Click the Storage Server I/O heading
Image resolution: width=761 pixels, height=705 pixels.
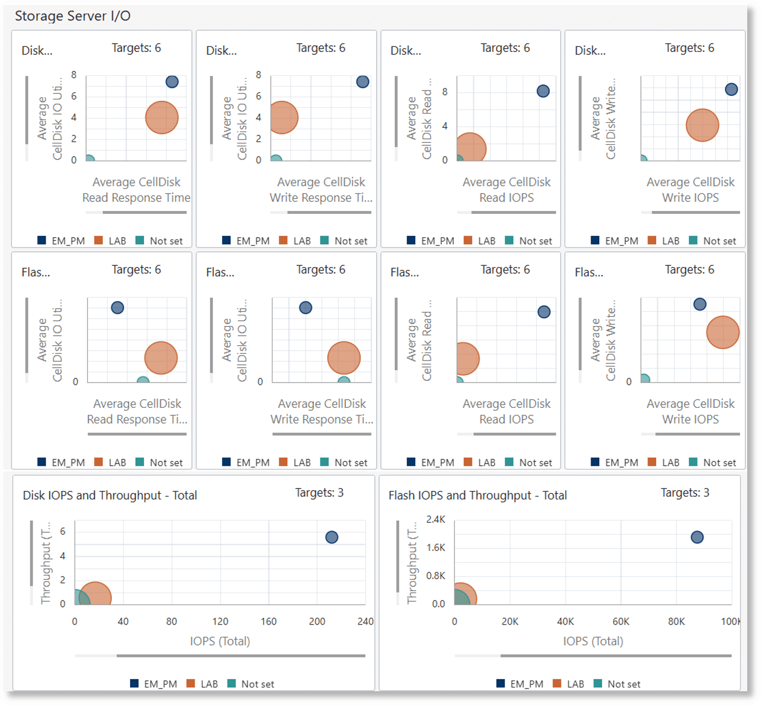pos(73,16)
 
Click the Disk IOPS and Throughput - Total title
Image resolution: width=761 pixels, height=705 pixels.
pos(110,495)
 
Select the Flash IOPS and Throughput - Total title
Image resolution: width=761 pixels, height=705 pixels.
pos(478,495)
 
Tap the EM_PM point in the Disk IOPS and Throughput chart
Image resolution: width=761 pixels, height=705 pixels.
pos(331,537)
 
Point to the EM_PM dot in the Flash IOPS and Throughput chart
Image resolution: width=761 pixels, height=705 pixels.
pos(697,537)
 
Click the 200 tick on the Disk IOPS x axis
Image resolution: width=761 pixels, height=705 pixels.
pos(317,621)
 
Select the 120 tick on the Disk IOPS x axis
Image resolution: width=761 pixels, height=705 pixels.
pos(220,621)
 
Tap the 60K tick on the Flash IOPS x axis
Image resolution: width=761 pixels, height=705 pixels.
pos(621,621)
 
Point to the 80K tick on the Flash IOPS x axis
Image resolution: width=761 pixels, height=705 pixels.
pos(677,621)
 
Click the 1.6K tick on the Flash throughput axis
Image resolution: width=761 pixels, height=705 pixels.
pos(436,547)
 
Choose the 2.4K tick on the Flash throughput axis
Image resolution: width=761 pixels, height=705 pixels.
pos(436,519)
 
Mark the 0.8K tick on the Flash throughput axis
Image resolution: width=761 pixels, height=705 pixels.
pos(436,575)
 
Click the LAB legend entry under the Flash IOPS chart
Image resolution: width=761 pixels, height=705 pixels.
pos(575,684)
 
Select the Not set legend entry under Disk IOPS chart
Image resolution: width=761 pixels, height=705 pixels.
pos(258,684)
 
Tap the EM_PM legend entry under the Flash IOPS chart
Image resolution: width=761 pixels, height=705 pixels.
pos(527,684)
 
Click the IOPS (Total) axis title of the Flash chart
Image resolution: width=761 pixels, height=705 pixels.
pos(593,641)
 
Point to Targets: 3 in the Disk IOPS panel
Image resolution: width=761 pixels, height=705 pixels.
pos(319,492)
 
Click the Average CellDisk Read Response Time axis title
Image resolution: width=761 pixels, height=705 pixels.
pos(136,190)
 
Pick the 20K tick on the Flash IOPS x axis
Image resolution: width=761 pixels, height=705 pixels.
pos(510,621)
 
